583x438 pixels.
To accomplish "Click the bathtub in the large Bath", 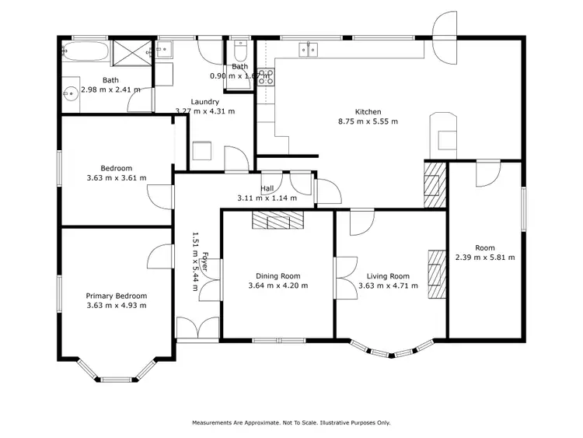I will point(85,52).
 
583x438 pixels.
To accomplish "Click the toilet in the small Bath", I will point(239,53).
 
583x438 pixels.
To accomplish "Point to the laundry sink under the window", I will point(165,51).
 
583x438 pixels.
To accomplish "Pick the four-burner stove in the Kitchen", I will point(266,76).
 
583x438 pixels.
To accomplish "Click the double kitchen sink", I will point(309,50).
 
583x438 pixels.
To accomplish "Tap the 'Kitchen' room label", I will point(368,111).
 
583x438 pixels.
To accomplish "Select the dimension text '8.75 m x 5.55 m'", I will point(368,121).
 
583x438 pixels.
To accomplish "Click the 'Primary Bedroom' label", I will point(117,296).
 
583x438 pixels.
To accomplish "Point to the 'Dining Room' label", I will point(278,275).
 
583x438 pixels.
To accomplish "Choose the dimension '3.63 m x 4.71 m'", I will point(389,286).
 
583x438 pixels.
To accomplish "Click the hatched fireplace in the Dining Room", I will point(278,221).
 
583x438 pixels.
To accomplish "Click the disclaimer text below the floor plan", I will point(291,422).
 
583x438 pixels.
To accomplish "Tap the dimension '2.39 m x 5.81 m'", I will point(485,257).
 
